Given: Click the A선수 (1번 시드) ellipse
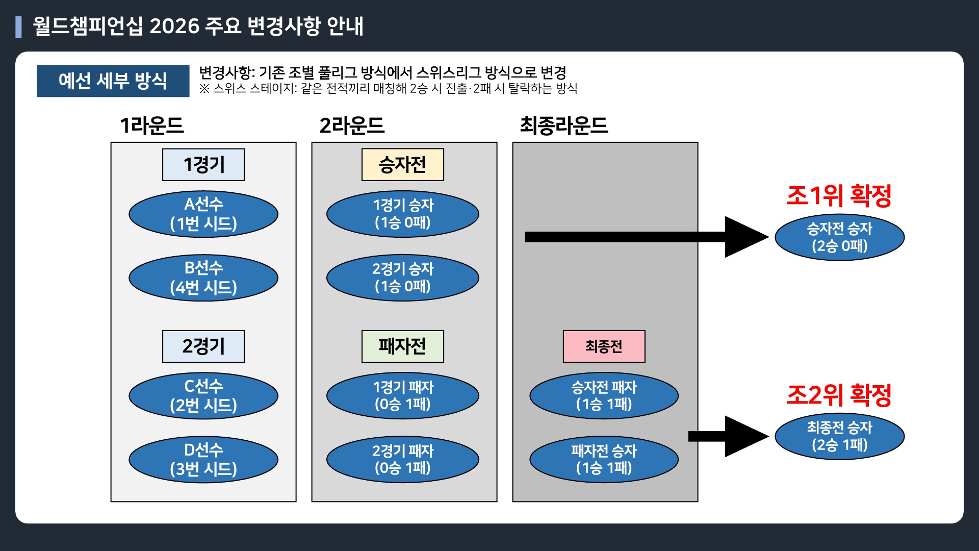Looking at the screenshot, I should [203, 214].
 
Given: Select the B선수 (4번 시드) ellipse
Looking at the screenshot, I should [203, 278].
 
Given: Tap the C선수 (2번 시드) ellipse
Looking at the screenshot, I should [203, 395].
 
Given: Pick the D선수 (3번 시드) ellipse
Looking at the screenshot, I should [203, 459].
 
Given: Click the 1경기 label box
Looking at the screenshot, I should [203, 165].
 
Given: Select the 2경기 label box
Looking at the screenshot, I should [203, 346].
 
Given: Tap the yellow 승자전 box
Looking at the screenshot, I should [403, 165].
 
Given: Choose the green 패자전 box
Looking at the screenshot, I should [403, 346].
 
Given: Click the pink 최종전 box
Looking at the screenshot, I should [604, 346].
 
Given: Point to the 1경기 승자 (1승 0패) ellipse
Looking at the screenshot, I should [403, 214].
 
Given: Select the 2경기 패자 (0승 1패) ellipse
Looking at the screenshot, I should [403, 459].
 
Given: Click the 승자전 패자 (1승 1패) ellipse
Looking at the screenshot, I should [604, 395].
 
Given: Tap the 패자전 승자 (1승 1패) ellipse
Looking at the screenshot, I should [604, 459].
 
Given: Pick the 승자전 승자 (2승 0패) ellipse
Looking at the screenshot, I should [839, 237].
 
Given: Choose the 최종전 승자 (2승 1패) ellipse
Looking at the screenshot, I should [839, 436].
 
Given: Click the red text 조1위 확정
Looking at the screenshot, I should [839, 195].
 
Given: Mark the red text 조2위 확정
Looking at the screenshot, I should [839, 395].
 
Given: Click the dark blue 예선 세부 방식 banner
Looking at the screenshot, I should [113, 81].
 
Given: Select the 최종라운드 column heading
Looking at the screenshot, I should [563, 126].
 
